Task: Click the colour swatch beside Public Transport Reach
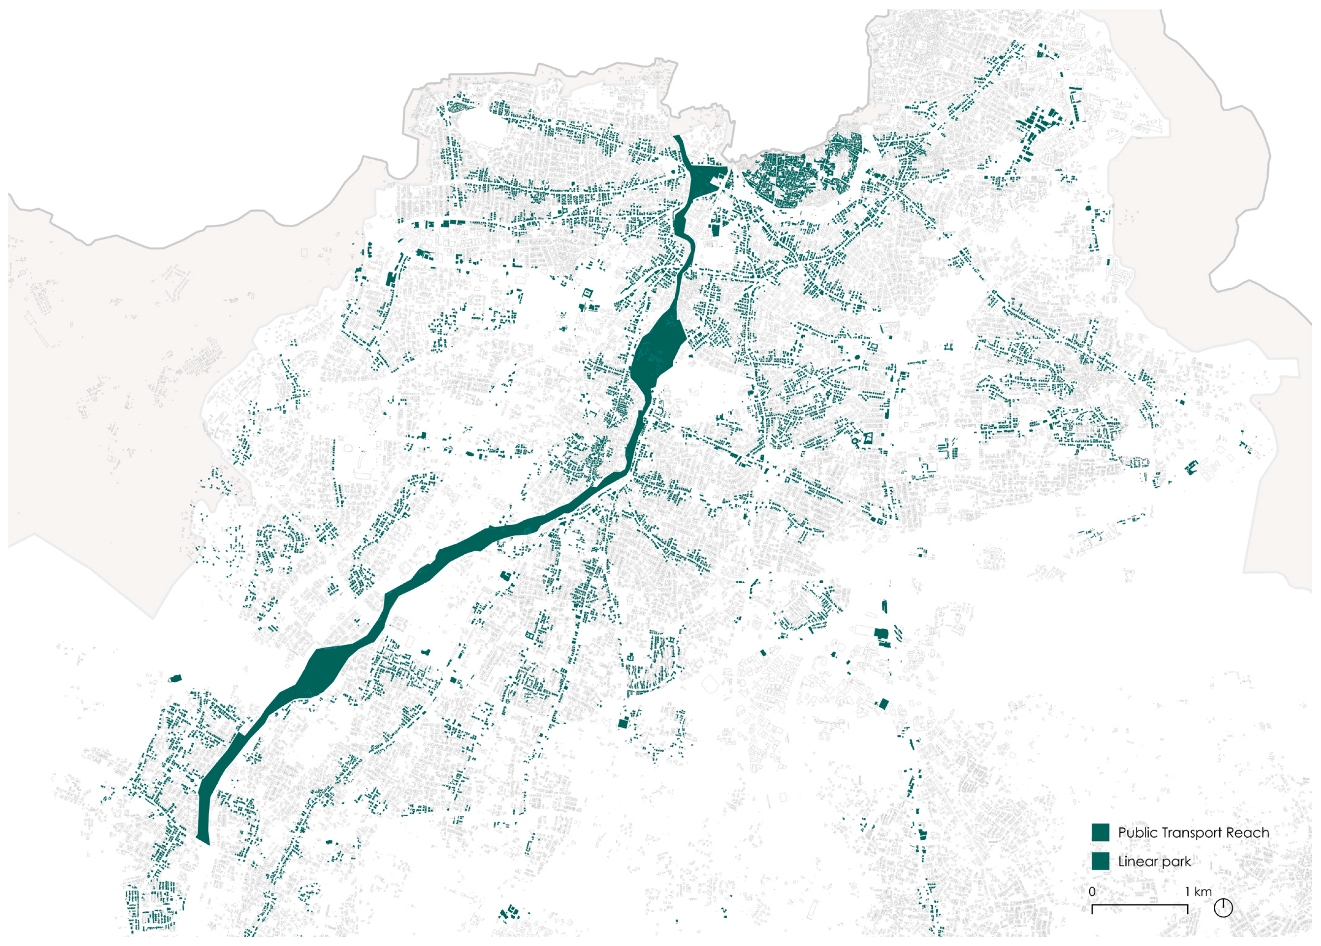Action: point(1100,832)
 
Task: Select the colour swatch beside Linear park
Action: point(1100,861)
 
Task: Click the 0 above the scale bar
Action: point(1092,891)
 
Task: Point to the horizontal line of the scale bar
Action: point(1140,905)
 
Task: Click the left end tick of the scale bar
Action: point(1092,908)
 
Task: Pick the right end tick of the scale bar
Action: point(1188,908)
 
